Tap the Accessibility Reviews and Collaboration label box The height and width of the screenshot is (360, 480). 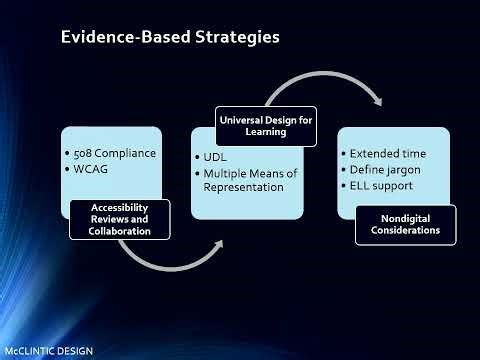tap(113, 219)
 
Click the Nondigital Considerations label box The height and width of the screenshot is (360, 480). tap(405, 223)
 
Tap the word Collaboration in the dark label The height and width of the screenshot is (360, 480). tap(113, 231)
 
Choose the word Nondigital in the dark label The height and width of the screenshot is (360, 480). tap(405, 217)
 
